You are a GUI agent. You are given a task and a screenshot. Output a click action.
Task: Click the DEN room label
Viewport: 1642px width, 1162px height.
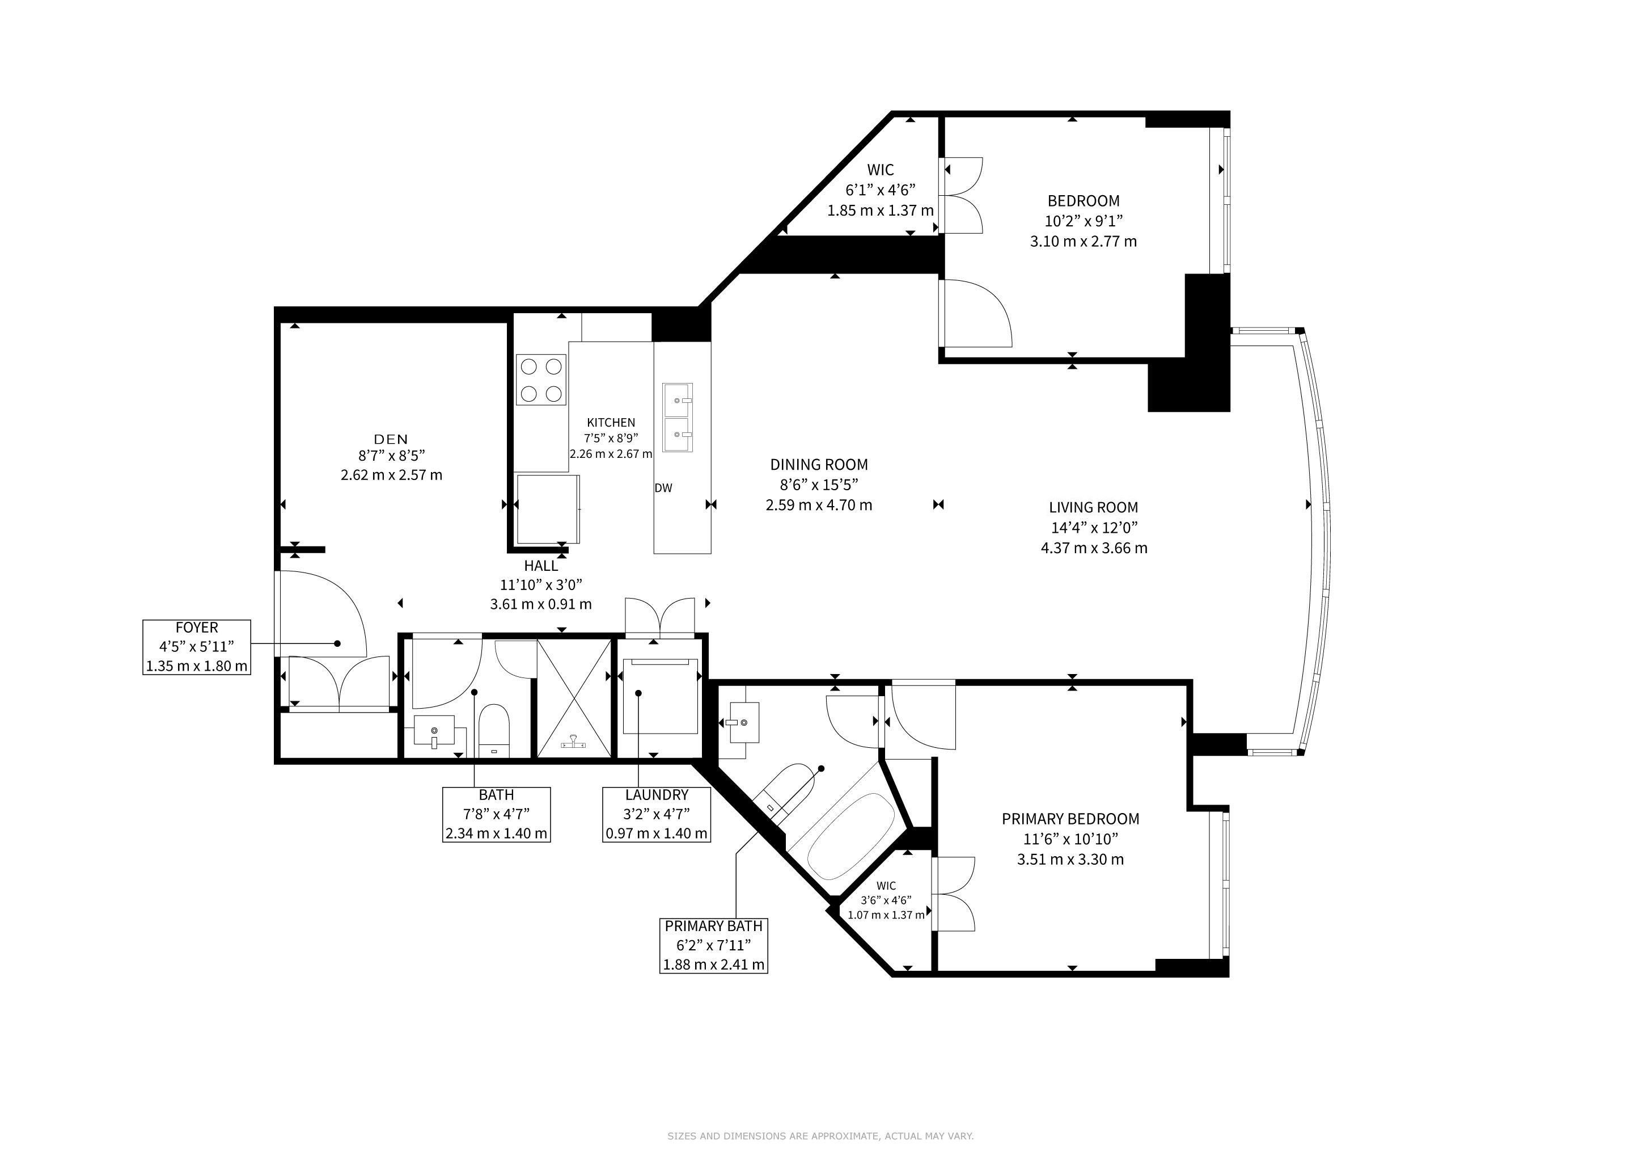coord(391,439)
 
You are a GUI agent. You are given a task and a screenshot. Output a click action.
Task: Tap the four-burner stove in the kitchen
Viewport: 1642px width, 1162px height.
coord(541,380)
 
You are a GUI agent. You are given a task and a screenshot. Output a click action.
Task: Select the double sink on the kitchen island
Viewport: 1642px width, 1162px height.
coord(677,417)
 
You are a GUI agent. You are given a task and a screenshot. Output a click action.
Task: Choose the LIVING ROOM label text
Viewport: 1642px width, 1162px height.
coord(1094,508)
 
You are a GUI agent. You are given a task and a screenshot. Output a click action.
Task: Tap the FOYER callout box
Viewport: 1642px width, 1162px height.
coord(197,647)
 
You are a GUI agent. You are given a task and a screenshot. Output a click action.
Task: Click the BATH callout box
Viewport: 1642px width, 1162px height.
coord(496,814)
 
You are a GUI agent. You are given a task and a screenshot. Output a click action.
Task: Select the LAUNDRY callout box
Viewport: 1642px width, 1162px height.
coord(657,814)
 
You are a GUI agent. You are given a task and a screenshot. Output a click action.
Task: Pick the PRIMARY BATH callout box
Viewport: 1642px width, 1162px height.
coord(714,946)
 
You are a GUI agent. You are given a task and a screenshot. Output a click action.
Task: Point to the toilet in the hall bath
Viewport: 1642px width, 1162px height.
coord(493,731)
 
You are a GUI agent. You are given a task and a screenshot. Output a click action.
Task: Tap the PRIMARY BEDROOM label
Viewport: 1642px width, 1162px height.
coord(1070,819)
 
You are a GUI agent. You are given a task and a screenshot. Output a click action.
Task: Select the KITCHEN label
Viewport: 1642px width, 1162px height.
coord(611,423)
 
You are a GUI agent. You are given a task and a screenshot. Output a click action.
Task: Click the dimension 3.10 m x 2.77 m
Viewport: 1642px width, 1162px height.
coord(1084,242)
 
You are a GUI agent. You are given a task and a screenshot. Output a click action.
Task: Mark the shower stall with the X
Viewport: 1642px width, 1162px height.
coord(574,698)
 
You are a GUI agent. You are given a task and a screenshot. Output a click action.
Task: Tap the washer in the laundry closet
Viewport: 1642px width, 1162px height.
coord(660,696)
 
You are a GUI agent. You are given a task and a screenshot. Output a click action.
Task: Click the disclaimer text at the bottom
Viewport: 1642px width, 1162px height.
coord(821,1135)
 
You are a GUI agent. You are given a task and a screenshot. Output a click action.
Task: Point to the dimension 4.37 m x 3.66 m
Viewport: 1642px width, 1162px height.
coord(1094,549)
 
